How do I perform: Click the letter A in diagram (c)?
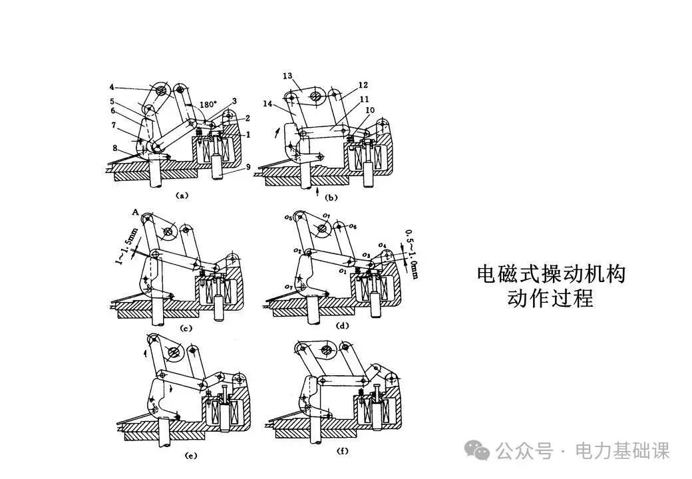tap(135, 212)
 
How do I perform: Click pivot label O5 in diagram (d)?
tap(287, 217)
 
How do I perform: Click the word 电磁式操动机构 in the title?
tap(551, 275)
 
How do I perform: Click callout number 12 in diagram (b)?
tap(363, 85)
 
